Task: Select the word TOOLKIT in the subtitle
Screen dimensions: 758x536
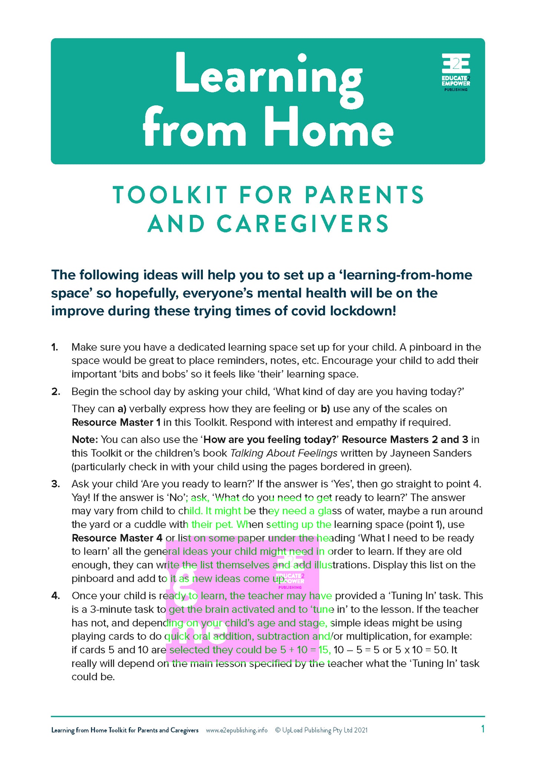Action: (x=170, y=195)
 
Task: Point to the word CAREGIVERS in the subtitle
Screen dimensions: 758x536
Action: (x=302, y=224)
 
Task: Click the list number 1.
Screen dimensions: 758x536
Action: (x=55, y=347)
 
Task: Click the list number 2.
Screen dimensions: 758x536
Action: (x=56, y=392)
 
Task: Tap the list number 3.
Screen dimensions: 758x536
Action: (x=56, y=484)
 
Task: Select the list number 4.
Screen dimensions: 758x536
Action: (x=56, y=596)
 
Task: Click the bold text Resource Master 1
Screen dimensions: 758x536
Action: (x=116, y=422)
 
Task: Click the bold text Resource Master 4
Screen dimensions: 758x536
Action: (x=117, y=538)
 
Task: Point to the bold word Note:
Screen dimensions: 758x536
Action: (x=85, y=440)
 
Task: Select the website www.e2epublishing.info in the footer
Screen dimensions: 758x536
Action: (x=237, y=730)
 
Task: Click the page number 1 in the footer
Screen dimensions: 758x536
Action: (x=483, y=729)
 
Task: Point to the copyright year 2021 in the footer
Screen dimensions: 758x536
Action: (x=361, y=730)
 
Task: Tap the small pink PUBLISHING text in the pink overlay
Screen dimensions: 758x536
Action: (x=290, y=587)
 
